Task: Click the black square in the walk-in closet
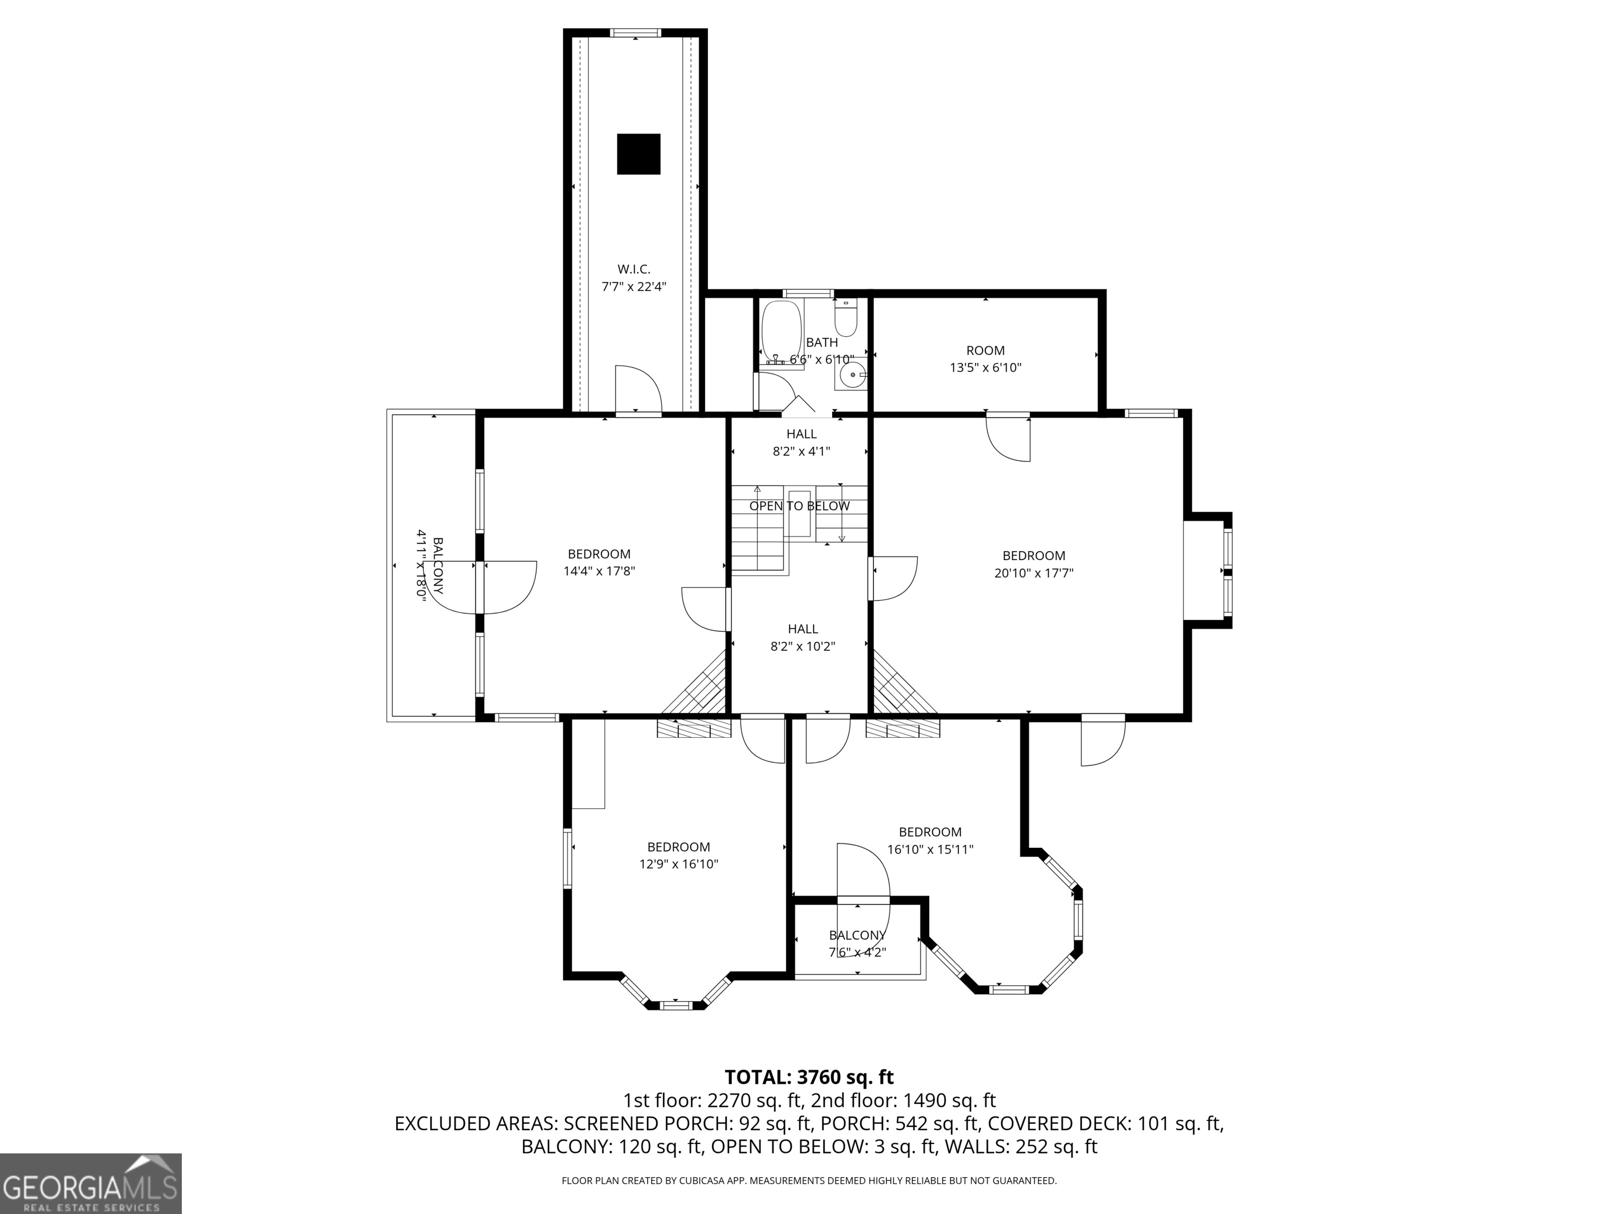click(x=638, y=154)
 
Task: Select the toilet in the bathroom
click(x=845, y=320)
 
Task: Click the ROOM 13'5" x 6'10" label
click(x=985, y=359)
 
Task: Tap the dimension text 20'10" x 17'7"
click(x=1033, y=574)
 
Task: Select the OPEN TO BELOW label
click(x=799, y=506)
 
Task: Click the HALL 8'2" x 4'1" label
click(x=802, y=443)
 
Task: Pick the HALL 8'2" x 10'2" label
click(x=803, y=638)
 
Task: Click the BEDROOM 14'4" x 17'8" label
click(x=599, y=563)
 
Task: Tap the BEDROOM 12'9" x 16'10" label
click(x=678, y=855)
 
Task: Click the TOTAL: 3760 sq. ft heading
click(x=809, y=1077)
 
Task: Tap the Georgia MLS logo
click(x=91, y=1184)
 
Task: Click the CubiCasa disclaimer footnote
click(x=809, y=1180)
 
